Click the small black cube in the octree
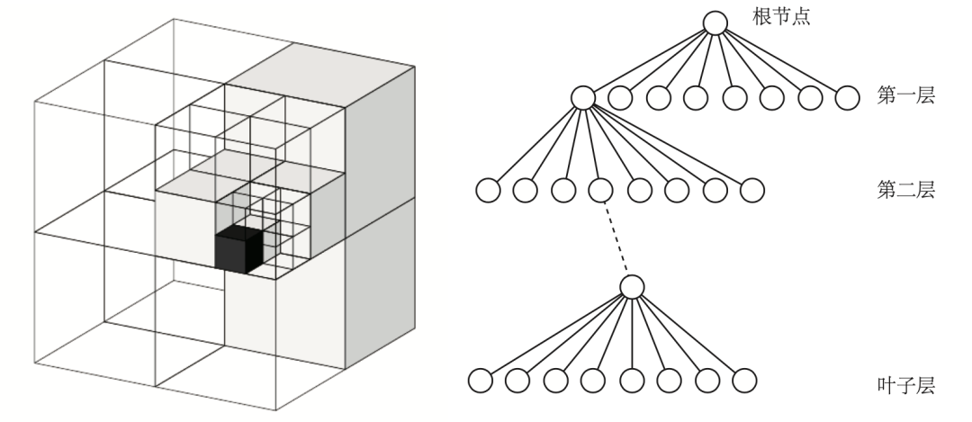pyautogui.click(x=238, y=248)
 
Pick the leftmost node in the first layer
pyautogui.click(x=582, y=97)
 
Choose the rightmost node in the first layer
pyautogui.click(x=847, y=97)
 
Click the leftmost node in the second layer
pyautogui.click(x=487, y=191)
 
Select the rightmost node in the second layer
pyautogui.click(x=751, y=191)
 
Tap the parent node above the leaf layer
pyautogui.click(x=633, y=287)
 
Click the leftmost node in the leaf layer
pyautogui.click(x=480, y=381)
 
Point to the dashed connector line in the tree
pyautogui.click(x=616, y=238)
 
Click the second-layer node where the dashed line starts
pyautogui.click(x=600, y=191)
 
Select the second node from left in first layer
pyautogui.click(x=620, y=97)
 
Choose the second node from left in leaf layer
pyautogui.click(x=517, y=381)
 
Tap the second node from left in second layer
pyautogui.click(x=525, y=191)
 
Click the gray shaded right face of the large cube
pyautogui.click(x=380, y=216)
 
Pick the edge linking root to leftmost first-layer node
pyautogui.click(x=648, y=60)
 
